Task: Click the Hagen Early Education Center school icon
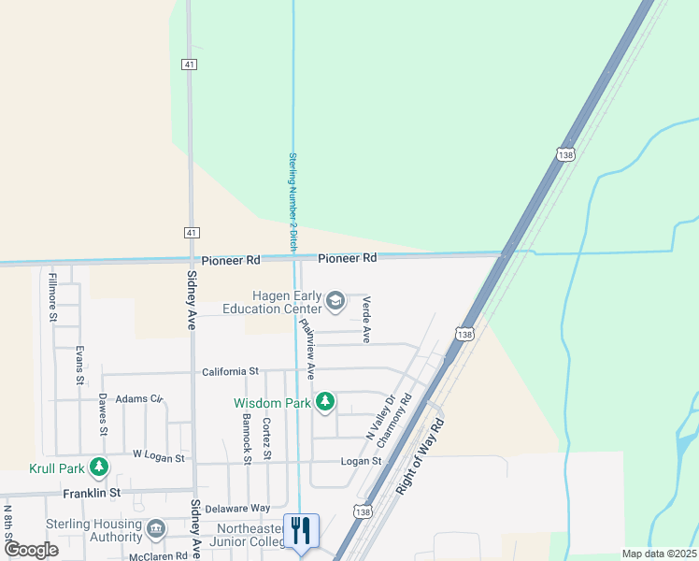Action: (335, 301)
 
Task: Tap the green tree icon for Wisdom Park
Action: (324, 402)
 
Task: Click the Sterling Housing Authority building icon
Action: (154, 530)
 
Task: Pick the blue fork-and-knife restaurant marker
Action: (301, 531)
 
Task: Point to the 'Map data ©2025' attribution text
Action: (659, 554)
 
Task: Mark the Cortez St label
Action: (266, 438)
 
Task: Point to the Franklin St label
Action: (92, 492)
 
